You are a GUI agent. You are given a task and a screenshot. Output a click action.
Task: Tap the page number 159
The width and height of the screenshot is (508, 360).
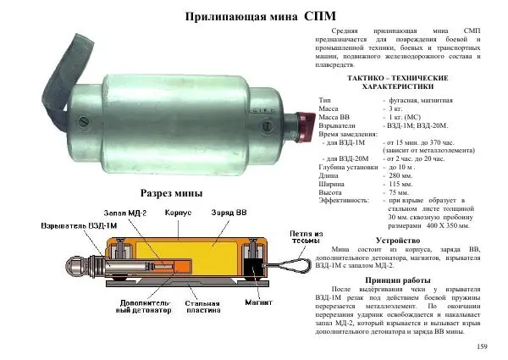pyautogui.click(x=483, y=346)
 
